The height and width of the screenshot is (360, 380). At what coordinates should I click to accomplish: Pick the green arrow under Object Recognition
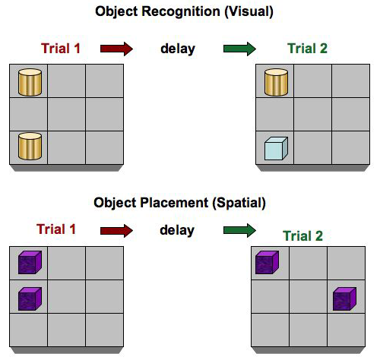point(239,49)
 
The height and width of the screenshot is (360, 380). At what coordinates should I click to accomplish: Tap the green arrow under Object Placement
point(239,229)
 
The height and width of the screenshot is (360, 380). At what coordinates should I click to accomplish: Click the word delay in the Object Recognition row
point(178,49)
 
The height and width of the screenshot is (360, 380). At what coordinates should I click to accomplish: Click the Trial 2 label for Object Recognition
point(309,49)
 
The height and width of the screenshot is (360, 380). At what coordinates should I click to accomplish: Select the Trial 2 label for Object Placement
point(302,236)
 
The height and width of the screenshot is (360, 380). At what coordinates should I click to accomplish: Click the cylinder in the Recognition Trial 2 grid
point(274,81)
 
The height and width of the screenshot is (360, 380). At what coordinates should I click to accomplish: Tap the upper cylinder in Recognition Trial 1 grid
point(29,81)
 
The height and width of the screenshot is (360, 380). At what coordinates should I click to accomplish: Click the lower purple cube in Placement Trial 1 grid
point(29,298)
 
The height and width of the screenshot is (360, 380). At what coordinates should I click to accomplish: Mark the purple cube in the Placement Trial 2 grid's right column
point(344,298)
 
